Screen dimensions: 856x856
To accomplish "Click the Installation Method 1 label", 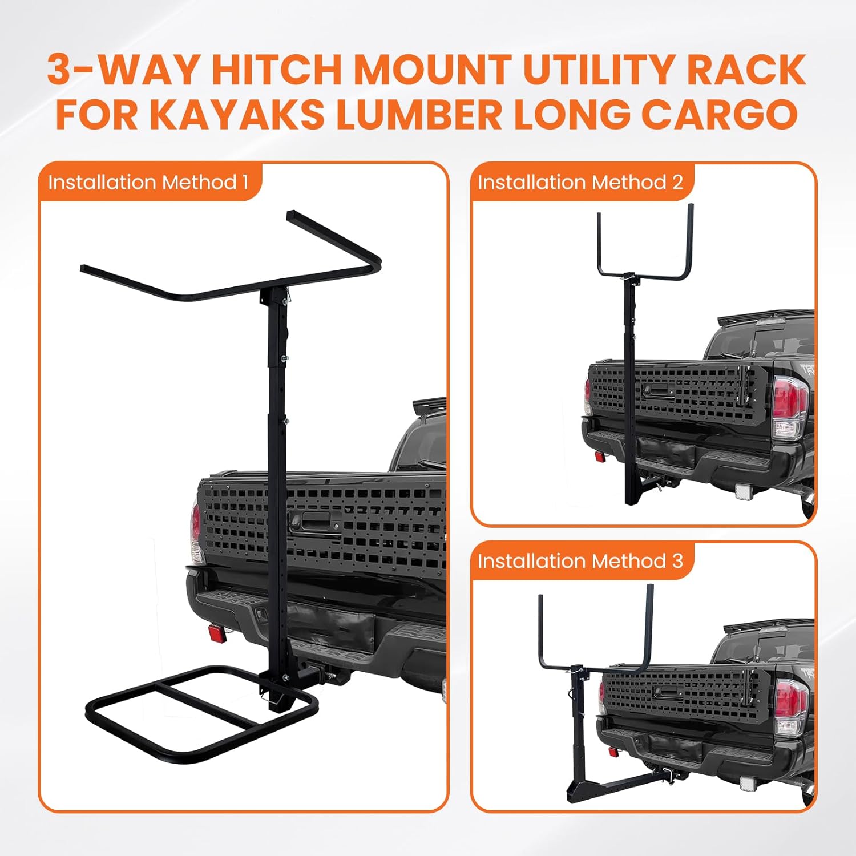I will (x=148, y=183).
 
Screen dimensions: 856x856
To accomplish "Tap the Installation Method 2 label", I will (x=580, y=183).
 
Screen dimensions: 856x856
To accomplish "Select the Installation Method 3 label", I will (x=580, y=562).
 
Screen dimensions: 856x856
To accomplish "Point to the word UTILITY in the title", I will (x=599, y=70).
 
